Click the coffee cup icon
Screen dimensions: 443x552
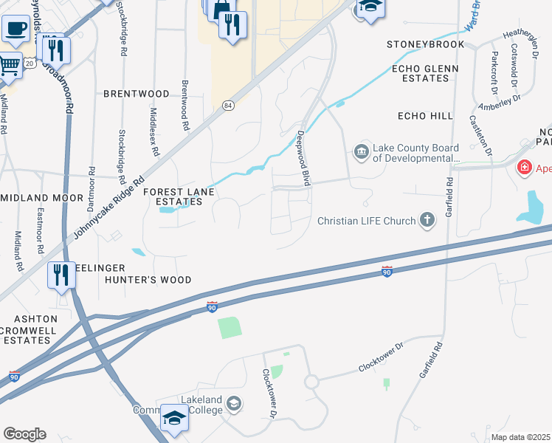pos(15,30)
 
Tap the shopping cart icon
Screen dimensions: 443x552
pos(9,65)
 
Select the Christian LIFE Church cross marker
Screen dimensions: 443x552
pos(427,219)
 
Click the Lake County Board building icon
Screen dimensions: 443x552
pos(362,152)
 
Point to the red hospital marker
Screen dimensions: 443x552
pos(525,168)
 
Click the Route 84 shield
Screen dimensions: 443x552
pos(229,106)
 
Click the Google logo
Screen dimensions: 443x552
pos(24,433)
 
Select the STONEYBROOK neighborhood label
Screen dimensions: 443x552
pos(426,44)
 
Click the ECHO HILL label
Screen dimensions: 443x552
pos(424,117)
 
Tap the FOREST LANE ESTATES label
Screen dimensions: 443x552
pos(179,196)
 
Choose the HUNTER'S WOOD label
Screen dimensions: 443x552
pos(148,280)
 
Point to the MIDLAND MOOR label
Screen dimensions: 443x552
pos(43,198)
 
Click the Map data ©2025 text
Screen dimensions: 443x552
pos(520,437)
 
